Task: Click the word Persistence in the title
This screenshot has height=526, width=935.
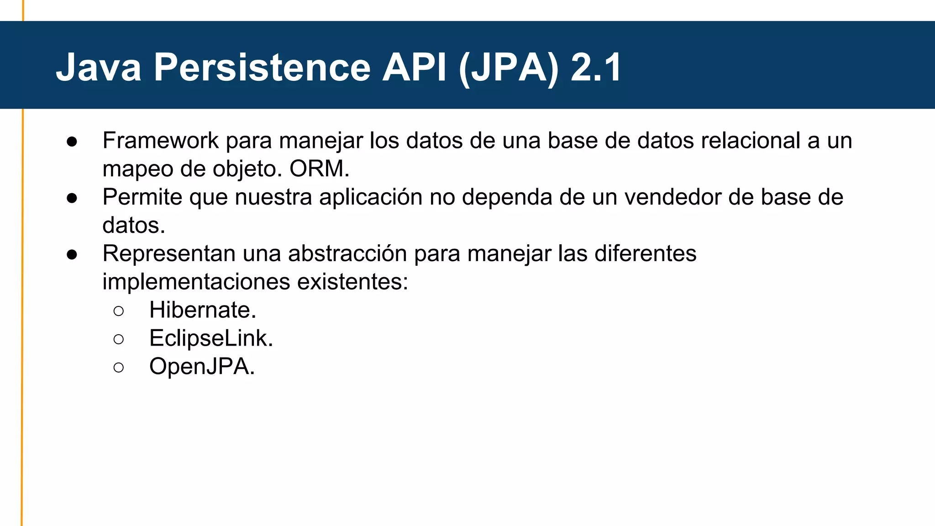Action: tap(262, 68)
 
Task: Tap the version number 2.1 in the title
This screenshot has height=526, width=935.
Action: tap(596, 68)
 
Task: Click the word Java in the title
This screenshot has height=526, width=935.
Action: tap(99, 68)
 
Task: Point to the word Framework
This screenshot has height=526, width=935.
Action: tap(160, 141)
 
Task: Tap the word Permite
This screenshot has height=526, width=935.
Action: tap(142, 197)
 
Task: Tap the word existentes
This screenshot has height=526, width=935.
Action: tap(352, 282)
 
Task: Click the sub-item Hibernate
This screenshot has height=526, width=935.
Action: tap(203, 310)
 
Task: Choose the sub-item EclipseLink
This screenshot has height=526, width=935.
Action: tap(211, 338)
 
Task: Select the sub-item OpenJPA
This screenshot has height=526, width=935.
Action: tap(202, 367)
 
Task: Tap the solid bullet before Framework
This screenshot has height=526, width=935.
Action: tap(72, 142)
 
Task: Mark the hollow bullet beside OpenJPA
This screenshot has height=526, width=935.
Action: tap(119, 368)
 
